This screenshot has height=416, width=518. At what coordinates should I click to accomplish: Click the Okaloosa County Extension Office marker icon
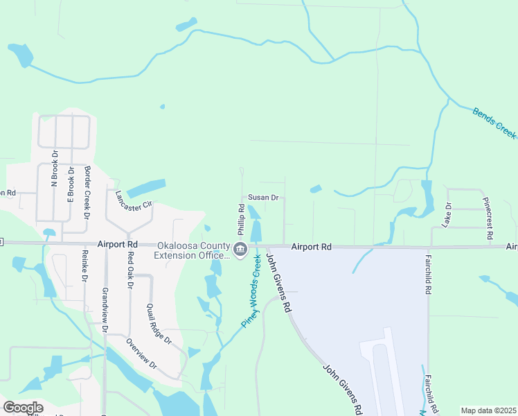tap(240, 250)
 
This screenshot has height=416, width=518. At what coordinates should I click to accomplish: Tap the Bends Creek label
tap(494, 122)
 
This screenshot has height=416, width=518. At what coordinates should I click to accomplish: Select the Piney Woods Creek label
tap(251, 291)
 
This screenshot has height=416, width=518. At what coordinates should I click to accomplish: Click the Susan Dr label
tap(263, 198)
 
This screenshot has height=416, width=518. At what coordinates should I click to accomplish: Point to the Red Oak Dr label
tap(129, 268)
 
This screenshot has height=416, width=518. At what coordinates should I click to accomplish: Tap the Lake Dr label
tap(447, 215)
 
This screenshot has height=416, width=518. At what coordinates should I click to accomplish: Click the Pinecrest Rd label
tap(490, 218)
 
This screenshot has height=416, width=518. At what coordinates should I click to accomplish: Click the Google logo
tap(23, 408)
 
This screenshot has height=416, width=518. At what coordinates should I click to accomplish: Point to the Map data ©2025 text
tap(488, 410)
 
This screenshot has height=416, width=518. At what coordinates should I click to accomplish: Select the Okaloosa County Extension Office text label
tap(193, 250)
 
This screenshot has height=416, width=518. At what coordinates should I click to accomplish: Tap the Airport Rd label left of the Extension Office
tap(117, 245)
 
